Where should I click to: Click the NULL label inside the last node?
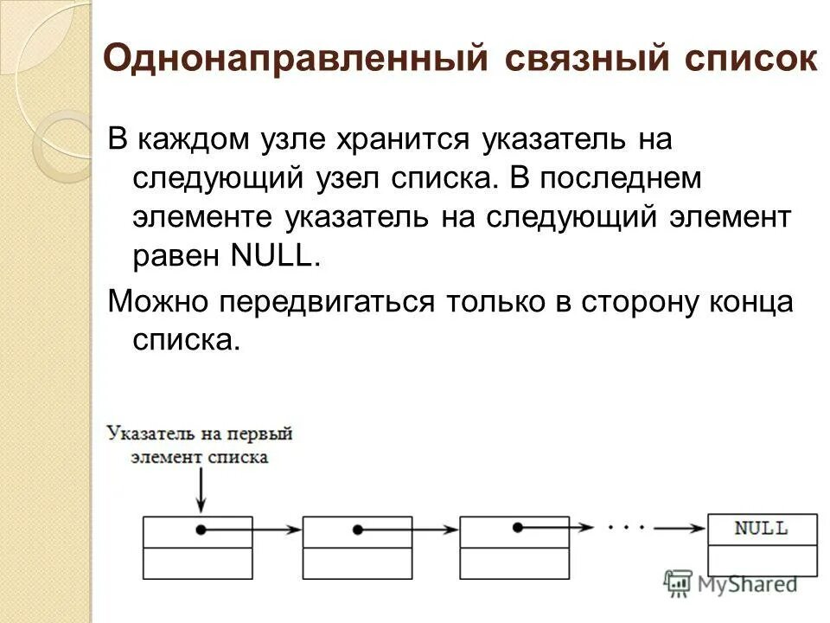(761, 528)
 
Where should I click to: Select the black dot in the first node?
(201, 530)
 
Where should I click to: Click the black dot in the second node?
(361, 530)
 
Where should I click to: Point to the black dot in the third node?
(518, 527)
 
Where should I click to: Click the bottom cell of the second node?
(358, 563)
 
